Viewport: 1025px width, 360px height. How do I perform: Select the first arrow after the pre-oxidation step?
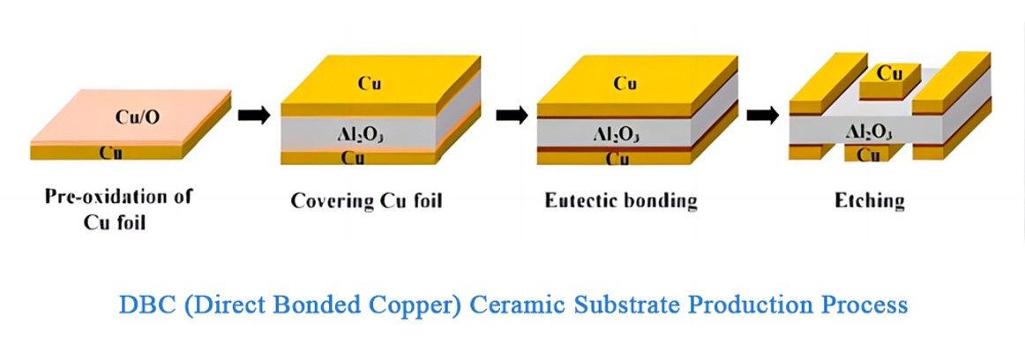click(254, 116)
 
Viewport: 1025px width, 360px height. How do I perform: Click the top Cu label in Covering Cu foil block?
click(369, 84)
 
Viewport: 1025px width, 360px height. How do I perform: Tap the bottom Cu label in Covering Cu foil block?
click(354, 160)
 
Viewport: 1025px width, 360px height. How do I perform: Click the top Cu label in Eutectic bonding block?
click(625, 84)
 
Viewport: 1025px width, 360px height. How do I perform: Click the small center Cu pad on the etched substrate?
click(889, 74)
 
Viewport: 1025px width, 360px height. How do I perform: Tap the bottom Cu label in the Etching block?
click(869, 156)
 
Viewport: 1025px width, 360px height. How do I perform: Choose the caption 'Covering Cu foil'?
click(366, 201)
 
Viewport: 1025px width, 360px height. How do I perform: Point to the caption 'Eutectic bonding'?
click(621, 201)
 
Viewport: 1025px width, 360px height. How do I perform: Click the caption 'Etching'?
click(869, 201)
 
